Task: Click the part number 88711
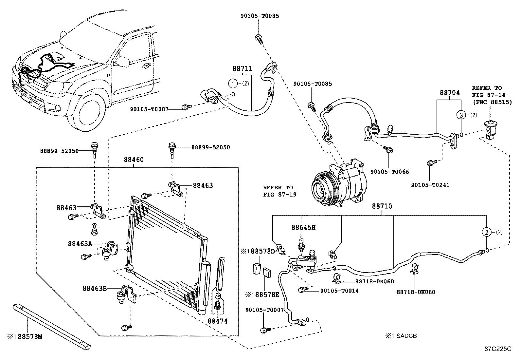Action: pyautogui.click(x=243, y=69)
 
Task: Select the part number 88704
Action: pyautogui.click(x=450, y=93)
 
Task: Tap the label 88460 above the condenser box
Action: pyautogui.click(x=134, y=160)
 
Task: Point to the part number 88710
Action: pyautogui.click(x=382, y=206)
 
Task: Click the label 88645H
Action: pyautogui.click(x=303, y=228)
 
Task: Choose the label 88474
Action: pyautogui.click(x=218, y=321)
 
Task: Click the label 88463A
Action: pyautogui.click(x=80, y=244)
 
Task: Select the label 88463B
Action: pyautogui.click(x=95, y=289)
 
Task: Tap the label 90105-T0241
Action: pyautogui.click(x=430, y=185)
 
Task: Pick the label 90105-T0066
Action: pyautogui.click(x=389, y=172)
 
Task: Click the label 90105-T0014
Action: pyautogui.click(x=339, y=291)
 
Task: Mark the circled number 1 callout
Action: pyautogui.click(x=233, y=83)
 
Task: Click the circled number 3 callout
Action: pyautogui.click(x=461, y=115)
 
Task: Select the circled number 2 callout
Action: pyautogui.click(x=487, y=232)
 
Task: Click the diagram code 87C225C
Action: pyautogui.click(x=498, y=349)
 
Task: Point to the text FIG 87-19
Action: pyautogui.click(x=280, y=195)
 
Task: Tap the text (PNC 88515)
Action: pyautogui.click(x=492, y=102)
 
